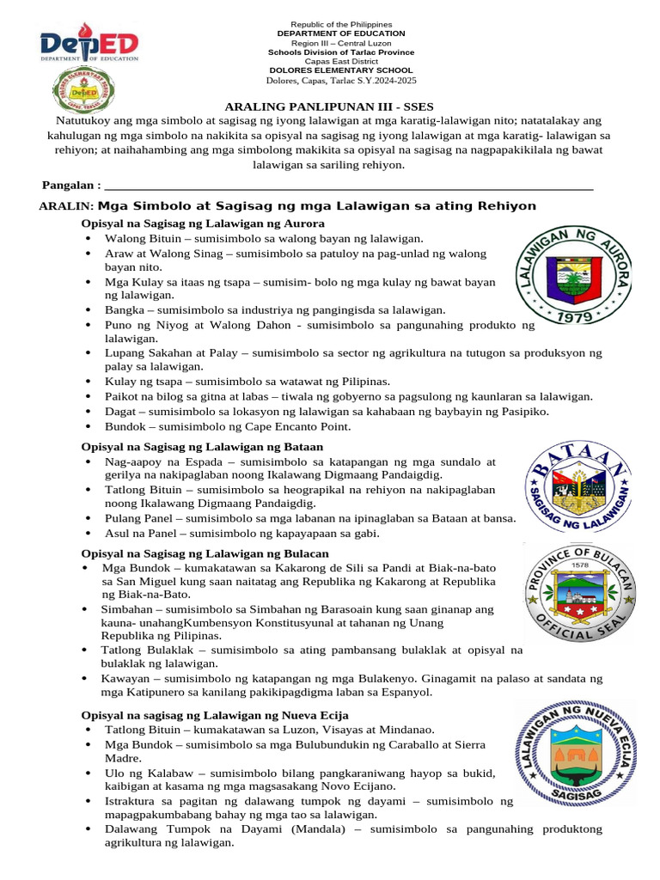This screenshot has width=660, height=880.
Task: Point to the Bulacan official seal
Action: point(581,592)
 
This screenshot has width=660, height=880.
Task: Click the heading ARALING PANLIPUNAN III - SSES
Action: point(329,107)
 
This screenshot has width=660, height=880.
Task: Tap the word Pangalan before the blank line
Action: point(68,185)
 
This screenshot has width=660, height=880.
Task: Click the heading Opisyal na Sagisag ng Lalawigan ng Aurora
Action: point(202,223)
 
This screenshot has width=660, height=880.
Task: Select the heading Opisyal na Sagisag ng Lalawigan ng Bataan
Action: point(202,446)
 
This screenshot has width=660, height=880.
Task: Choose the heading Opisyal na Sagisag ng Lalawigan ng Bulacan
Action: point(205,553)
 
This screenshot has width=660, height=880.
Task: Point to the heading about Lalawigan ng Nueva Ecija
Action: point(215,715)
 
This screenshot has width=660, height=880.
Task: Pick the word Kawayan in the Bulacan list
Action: point(126,678)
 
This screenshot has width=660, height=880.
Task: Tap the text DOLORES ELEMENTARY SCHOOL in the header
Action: point(341,70)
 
